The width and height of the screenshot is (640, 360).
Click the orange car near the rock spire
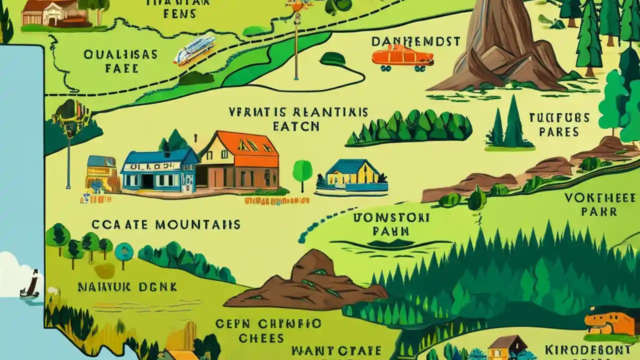(401, 56)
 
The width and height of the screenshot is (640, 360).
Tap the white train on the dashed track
(194, 49)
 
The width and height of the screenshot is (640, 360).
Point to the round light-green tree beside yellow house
(302, 171)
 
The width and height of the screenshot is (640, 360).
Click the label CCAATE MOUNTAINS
(158, 225)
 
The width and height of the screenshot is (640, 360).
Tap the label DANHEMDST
(416, 41)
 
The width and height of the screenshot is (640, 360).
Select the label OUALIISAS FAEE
(121, 60)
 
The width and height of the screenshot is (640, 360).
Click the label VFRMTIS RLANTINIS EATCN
(298, 118)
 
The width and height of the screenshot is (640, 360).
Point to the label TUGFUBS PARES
(559, 125)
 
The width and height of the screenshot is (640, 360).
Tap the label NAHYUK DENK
(127, 287)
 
